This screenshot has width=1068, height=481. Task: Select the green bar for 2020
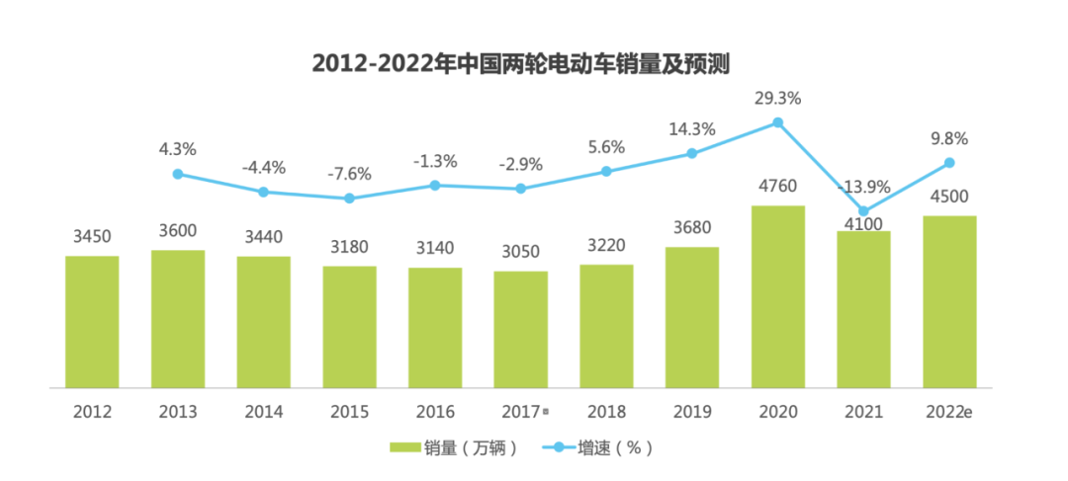[x=778, y=296]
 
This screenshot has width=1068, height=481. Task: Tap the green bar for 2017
[x=521, y=329]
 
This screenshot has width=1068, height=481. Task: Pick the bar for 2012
[x=92, y=321]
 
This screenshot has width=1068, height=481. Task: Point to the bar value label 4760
[x=778, y=187]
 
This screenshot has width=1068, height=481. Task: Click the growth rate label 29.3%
[x=777, y=99]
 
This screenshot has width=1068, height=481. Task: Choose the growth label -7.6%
[x=349, y=174]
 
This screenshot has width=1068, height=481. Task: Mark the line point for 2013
[x=178, y=174]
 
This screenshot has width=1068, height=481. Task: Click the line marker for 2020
[x=778, y=122]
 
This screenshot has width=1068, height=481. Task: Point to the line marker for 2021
[x=863, y=211]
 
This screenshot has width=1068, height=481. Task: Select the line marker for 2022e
[x=949, y=162]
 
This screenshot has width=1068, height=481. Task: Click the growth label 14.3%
[x=692, y=128]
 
